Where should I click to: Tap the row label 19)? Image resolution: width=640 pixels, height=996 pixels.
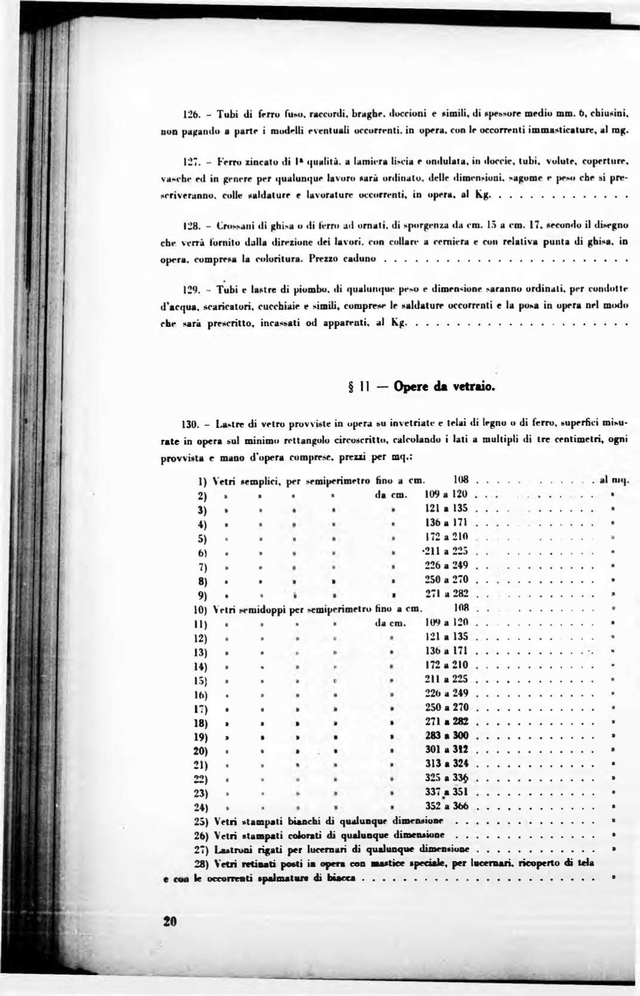200,735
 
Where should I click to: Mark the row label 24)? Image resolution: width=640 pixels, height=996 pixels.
200,807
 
